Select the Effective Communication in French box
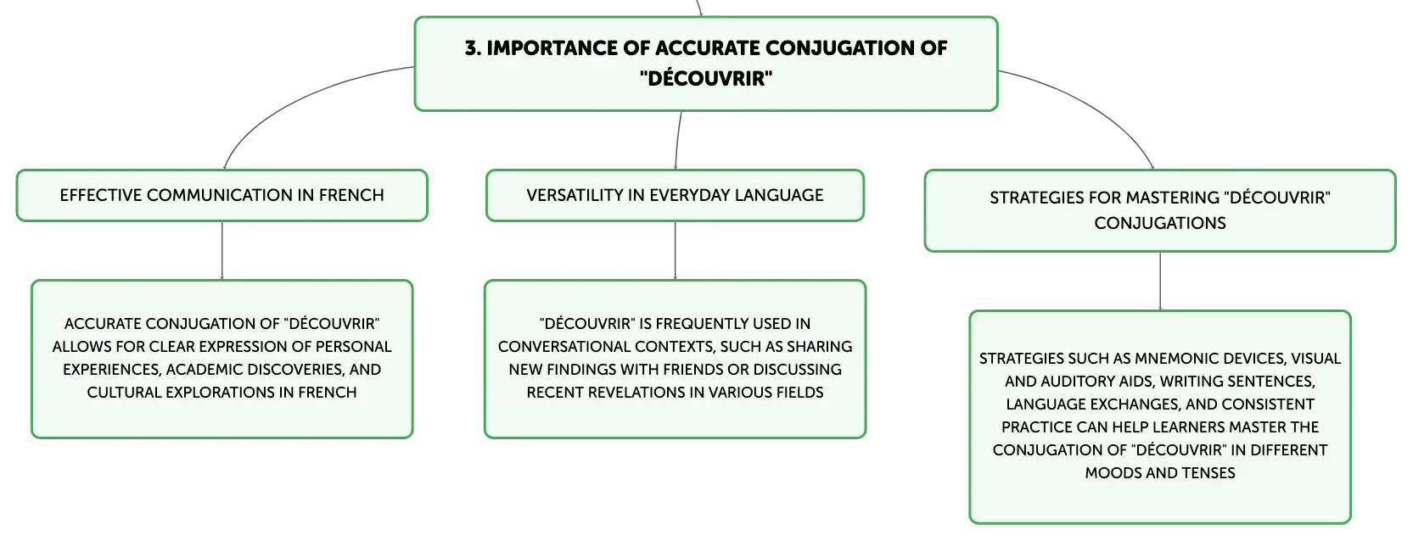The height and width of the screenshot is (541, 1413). click(222, 196)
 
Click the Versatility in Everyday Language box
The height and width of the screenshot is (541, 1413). click(675, 196)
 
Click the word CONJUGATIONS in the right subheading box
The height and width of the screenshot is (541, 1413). click(1160, 223)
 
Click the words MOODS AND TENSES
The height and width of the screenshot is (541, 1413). click(1160, 473)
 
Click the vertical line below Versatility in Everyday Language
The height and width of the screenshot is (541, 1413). click(675, 250)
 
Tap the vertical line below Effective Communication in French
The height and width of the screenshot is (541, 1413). click(222, 250)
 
